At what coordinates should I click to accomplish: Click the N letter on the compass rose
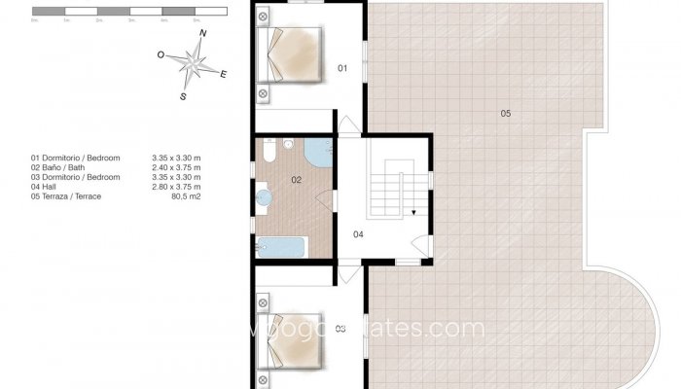coord(203,34)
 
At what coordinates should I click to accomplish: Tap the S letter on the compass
coord(183,96)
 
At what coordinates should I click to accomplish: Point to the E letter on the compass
coord(224,73)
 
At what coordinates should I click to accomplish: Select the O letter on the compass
coord(161,55)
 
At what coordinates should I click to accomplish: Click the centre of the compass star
coord(193,65)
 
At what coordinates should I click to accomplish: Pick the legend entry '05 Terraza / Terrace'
coord(66,197)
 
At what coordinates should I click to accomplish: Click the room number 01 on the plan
coord(342,68)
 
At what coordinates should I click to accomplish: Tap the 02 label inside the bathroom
coord(296,180)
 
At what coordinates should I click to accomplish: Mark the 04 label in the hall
coord(358,233)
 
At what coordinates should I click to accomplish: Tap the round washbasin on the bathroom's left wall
coord(263,199)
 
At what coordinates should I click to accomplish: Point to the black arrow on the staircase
coord(412,211)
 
